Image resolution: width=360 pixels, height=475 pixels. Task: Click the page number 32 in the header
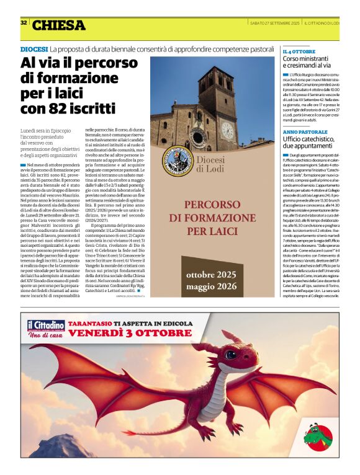point(24,23)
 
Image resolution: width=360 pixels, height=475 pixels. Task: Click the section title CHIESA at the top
point(58,25)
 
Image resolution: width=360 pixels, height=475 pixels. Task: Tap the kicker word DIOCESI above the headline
point(34,49)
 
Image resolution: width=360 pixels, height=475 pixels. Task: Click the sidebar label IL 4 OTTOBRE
point(299,51)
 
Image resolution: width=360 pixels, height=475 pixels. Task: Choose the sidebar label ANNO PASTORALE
point(305,132)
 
